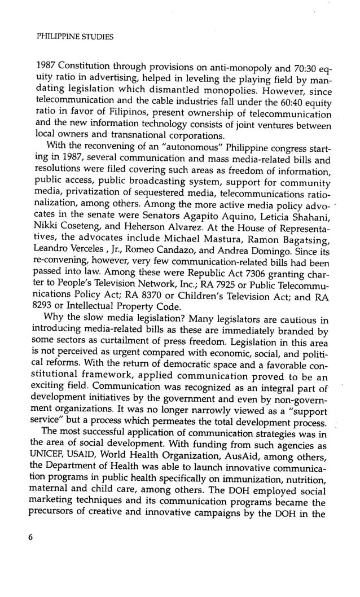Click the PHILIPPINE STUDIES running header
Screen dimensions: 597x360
point(74,37)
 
